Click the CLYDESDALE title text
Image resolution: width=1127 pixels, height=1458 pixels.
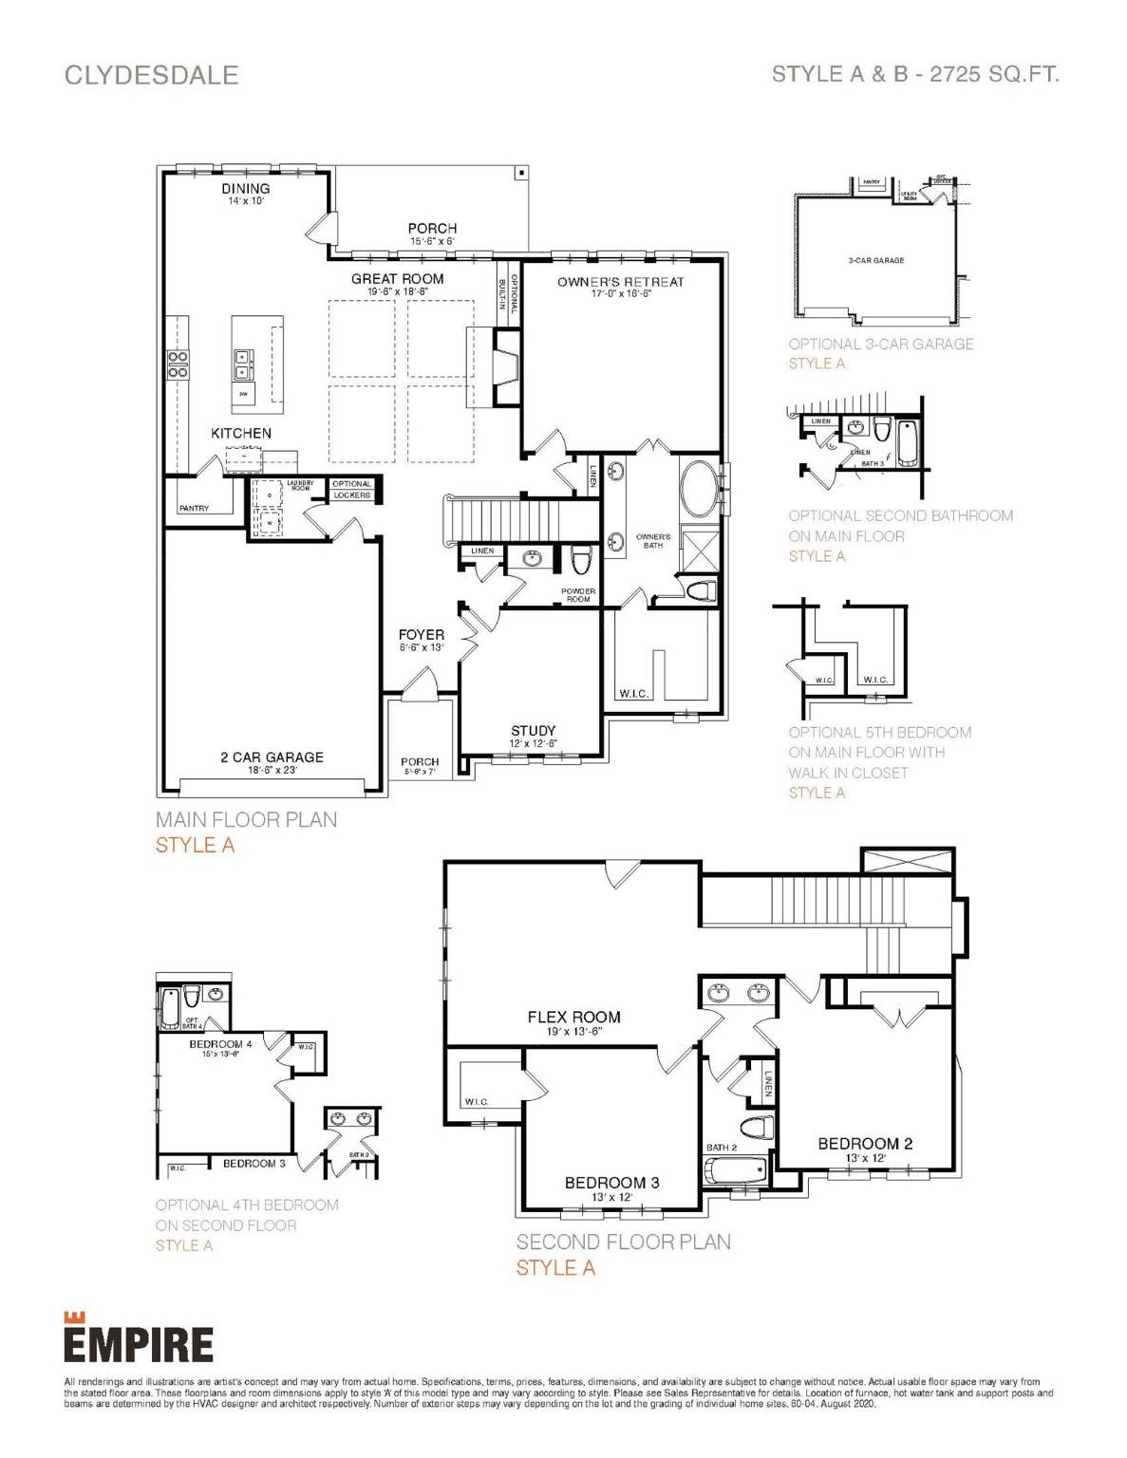click(151, 75)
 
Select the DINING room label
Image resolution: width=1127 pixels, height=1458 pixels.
click(246, 189)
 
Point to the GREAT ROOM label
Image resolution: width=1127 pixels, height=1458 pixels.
click(397, 279)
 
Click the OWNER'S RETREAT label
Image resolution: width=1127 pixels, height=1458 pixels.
click(620, 282)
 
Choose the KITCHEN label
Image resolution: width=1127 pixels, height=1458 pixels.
click(241, 433)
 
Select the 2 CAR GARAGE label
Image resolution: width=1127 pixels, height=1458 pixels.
click(272, 757)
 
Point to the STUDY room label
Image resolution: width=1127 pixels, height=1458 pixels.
click(533, 731)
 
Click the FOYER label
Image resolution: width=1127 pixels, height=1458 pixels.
click(421, 635)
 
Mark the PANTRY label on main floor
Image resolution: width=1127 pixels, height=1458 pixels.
click(194, 509)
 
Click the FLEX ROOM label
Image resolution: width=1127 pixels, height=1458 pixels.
click(573, 1017)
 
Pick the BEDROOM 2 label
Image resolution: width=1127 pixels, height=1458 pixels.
click(865, 1144)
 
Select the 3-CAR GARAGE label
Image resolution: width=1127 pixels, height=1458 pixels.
click(875, 260)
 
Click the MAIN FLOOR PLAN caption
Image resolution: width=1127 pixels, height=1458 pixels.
click(246, 819)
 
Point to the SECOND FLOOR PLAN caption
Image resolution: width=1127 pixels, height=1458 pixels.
click(623, 1242)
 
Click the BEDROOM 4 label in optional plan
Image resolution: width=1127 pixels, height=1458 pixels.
click(220, 1044)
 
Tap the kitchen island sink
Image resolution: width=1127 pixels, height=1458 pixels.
click(244, 358)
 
